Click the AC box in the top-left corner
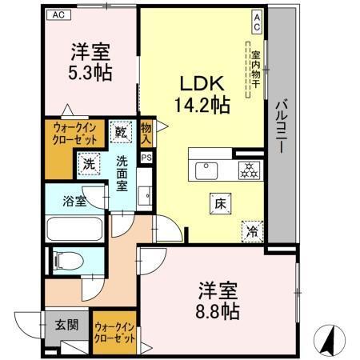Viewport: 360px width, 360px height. pos(57,14)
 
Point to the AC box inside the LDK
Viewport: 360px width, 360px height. pos(257,22)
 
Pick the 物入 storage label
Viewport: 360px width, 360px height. pos(146,132)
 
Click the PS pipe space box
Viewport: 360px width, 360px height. pos(146,158)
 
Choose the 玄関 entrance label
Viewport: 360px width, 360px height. pos(65,325)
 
